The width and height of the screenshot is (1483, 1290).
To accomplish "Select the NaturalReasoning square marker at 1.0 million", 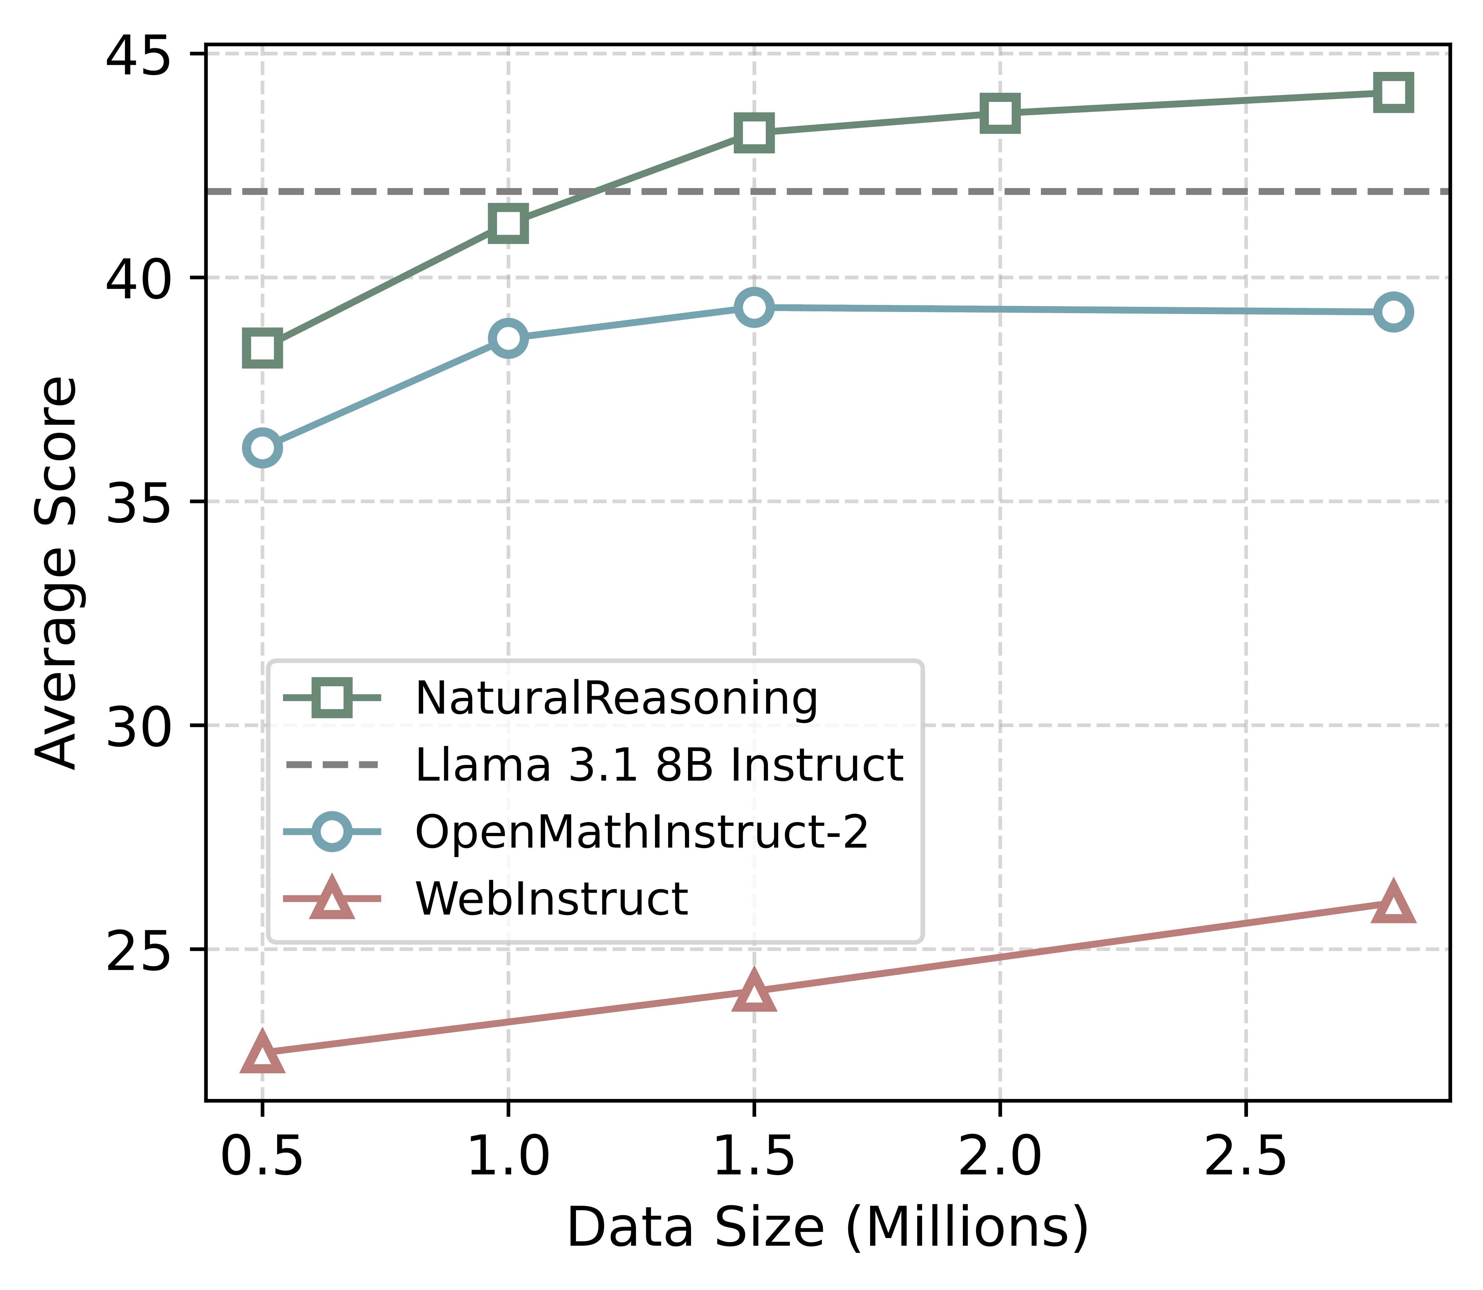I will pos(508,223).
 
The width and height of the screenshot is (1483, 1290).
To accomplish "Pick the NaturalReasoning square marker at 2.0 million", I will pos(999,113).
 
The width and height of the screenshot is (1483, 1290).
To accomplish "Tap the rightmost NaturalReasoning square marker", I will pos(1392,93).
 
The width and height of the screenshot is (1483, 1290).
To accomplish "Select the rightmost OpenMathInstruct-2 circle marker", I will pos(1392,312).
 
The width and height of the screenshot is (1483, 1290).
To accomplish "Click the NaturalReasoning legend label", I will pos(616,698).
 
